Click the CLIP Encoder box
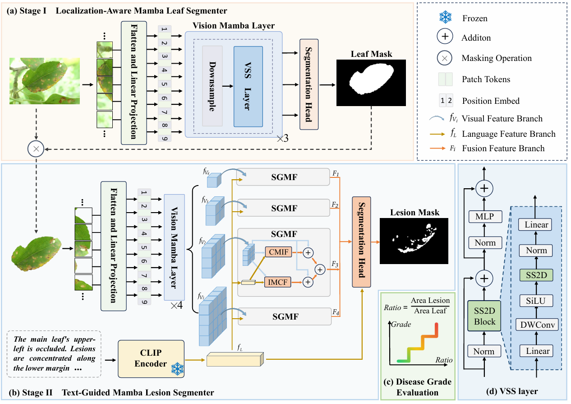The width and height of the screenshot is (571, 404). (x=151, y=358)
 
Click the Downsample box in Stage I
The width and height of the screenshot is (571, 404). (x=212, y=86)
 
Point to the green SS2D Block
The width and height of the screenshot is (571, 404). (x=484, y=316)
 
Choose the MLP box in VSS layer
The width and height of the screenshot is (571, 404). (x=484, y=217)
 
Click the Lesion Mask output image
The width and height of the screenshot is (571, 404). (x=414, y=241)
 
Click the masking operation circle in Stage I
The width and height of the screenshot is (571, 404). (x=35, y=148)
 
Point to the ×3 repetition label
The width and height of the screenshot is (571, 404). (x=282, y=138)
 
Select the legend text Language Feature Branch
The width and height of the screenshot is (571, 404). (x=509, y=134)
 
